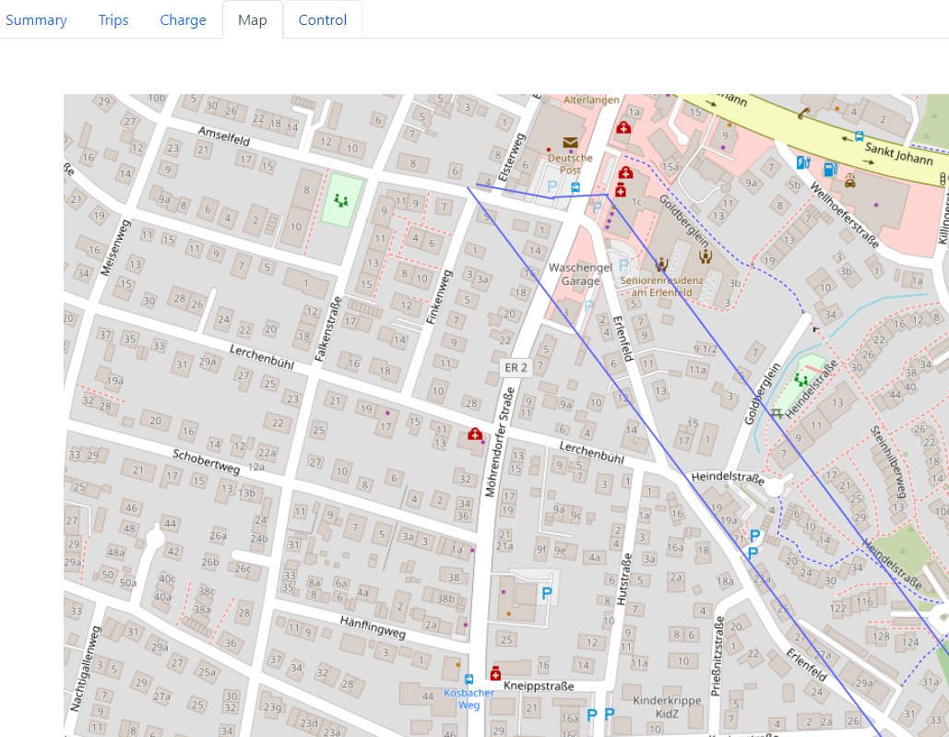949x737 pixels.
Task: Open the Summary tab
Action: (36, 20)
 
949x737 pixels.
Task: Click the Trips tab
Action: (113, 20)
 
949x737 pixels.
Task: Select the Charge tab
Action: (183, 20)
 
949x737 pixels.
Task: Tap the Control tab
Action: (323, 20)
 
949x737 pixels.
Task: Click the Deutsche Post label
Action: (570, 163)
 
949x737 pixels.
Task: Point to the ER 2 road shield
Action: (515, 368)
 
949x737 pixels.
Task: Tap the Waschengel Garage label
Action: (580, 274)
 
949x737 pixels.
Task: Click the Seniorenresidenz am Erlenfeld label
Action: (661, 286)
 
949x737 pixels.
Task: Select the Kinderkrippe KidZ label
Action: (668, 707)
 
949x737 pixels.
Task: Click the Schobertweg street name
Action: (206, 462)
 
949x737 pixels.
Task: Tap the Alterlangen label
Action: (591, 100)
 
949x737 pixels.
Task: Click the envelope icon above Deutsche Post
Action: (570, 142)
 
